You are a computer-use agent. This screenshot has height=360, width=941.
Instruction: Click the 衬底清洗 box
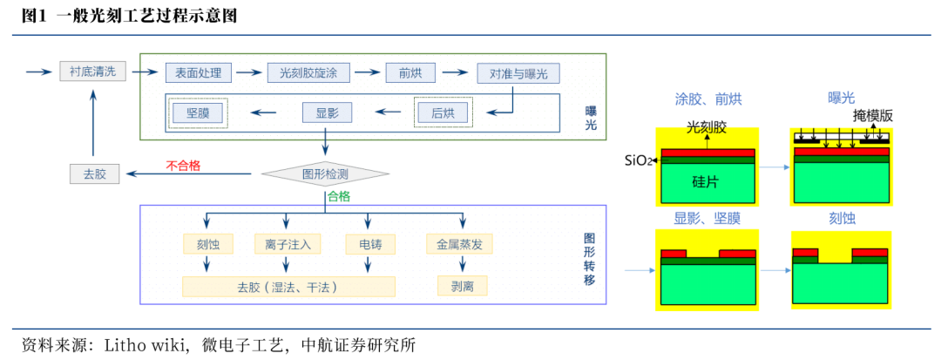pos(93,71)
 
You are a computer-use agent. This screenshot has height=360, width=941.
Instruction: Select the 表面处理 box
pos(199,73)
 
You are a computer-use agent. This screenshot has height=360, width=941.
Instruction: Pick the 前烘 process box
pos(410,73)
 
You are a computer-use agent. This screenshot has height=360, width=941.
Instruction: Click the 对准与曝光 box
pos(518,73)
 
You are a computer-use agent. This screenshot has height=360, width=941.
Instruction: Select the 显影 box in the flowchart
pos(327,112)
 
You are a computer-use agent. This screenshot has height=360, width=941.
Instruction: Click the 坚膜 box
pos(198,112)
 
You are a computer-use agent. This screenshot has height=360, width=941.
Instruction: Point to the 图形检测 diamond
pos(325,173)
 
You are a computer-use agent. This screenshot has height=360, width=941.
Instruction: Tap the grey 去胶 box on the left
pos(94,173)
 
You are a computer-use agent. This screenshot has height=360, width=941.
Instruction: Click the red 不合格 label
pos(183,165)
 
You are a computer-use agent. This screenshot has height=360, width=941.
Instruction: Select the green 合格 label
pos(338,197)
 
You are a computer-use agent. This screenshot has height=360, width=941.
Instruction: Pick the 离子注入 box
pos(288,244)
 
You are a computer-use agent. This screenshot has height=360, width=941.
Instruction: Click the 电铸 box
pos(370,244)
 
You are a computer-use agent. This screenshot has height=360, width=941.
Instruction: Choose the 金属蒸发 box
pos(459,244)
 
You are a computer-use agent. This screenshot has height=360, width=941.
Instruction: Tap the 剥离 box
pos(462,285)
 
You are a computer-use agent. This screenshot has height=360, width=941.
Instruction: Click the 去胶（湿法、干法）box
pos(288,286)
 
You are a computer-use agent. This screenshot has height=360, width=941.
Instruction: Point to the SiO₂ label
pos(639,160)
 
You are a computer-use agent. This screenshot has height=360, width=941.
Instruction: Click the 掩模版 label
pos(872,116)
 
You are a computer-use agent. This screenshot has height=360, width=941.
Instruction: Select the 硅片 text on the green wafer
pos(705,181)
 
